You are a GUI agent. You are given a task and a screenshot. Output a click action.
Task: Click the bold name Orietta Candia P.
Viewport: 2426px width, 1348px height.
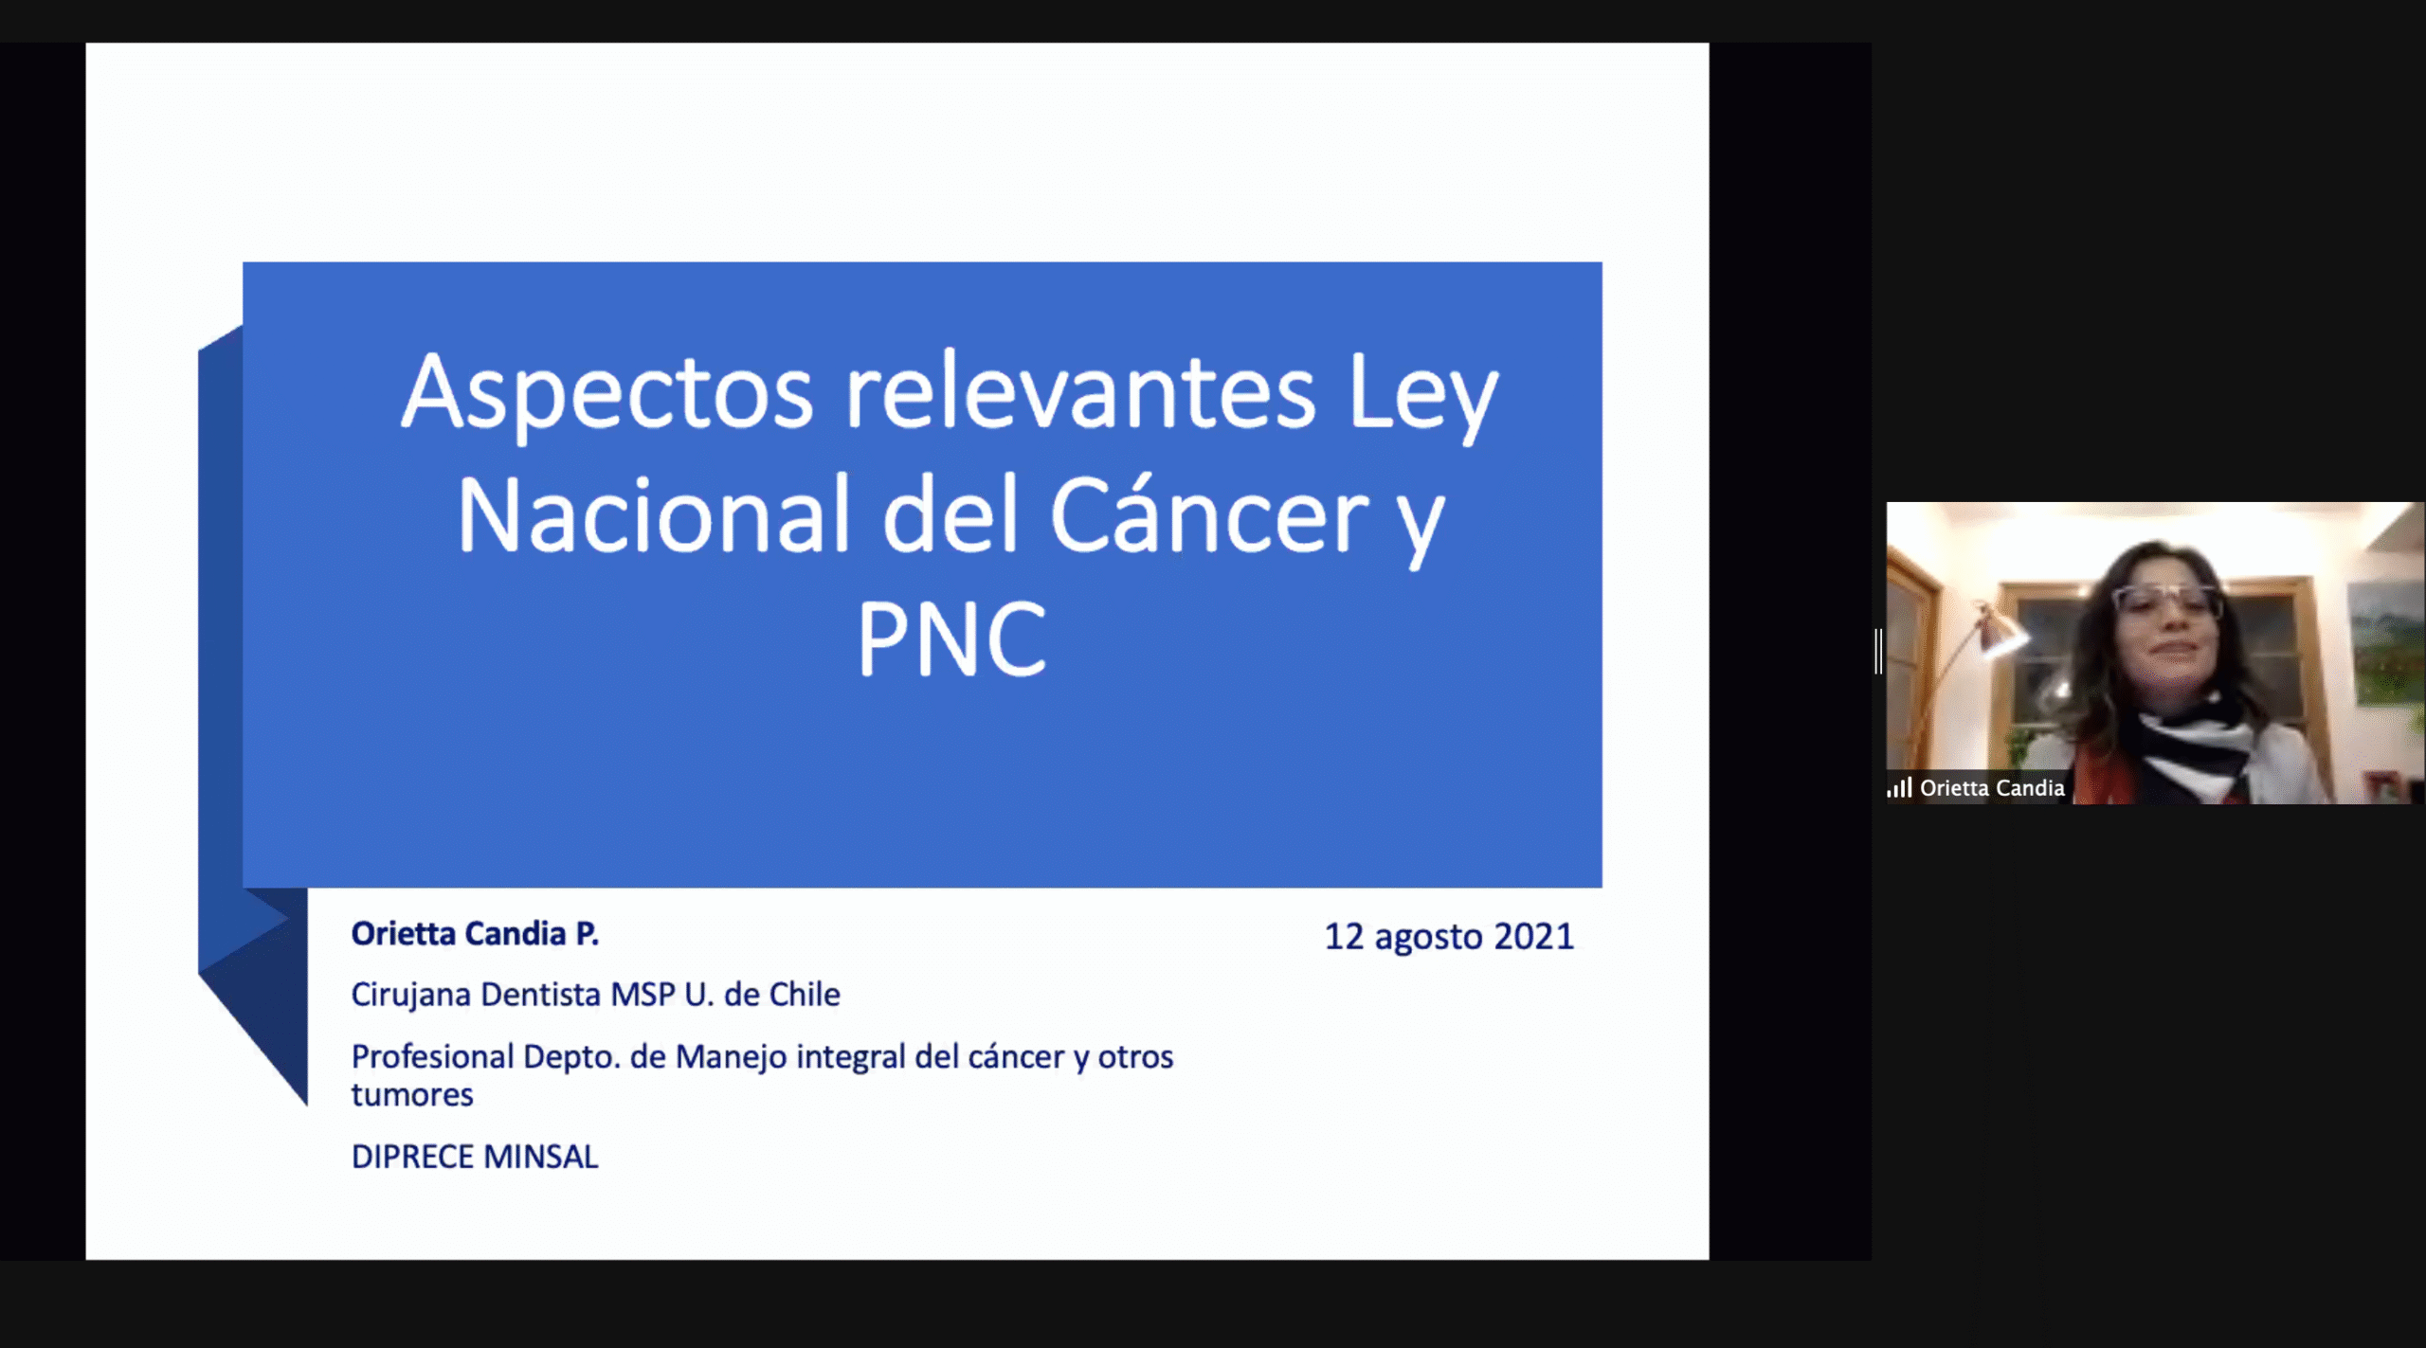475,934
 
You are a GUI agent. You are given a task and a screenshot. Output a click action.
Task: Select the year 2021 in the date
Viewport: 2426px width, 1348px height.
1533,936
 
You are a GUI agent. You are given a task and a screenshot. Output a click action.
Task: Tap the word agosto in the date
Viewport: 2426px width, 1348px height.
1428,938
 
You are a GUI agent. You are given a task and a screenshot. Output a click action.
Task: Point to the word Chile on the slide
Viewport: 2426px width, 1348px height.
805,994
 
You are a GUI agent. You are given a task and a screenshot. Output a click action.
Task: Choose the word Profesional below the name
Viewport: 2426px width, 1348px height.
432,1056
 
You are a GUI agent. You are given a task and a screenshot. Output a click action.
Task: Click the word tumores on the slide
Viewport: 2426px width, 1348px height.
412,1095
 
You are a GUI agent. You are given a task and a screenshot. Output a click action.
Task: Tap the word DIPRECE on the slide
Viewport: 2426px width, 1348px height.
412,1157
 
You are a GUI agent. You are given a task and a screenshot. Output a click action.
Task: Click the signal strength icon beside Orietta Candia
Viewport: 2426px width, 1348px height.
1899,787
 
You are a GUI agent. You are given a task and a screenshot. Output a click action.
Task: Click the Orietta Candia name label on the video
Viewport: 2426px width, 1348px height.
1992,788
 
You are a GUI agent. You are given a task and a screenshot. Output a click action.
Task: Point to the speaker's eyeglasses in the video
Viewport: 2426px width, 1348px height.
2167,601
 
